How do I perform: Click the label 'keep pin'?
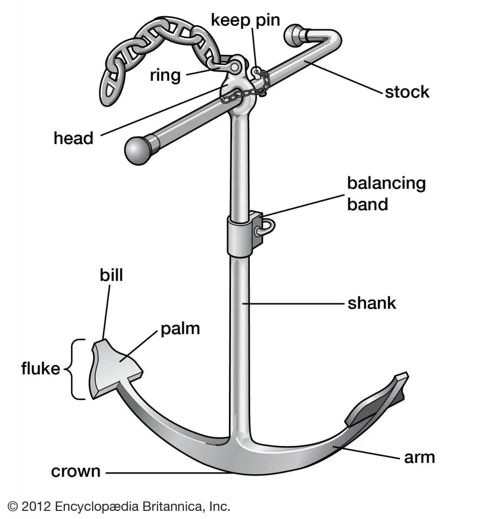pyautogui.click(x=246, y=21)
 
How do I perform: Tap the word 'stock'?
pyautogui.click(x=407, y=92)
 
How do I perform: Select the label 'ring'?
pyautogui.click(x=165, y=76)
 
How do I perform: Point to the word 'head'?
pyautogui.click(x=73, y=138)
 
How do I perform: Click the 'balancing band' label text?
pyautogui.click(x=386, y=193)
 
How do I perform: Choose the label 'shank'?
pyautogui.click(x=371, y=304)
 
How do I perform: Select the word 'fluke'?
pyautogui.click(x=40, y=368)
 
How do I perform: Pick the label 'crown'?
pyautogui.click(x=75, y=471)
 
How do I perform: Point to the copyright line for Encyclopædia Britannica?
pyautogui.click(x=120, y=505)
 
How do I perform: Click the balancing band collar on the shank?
pyautogui.click(x=240, y=236)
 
